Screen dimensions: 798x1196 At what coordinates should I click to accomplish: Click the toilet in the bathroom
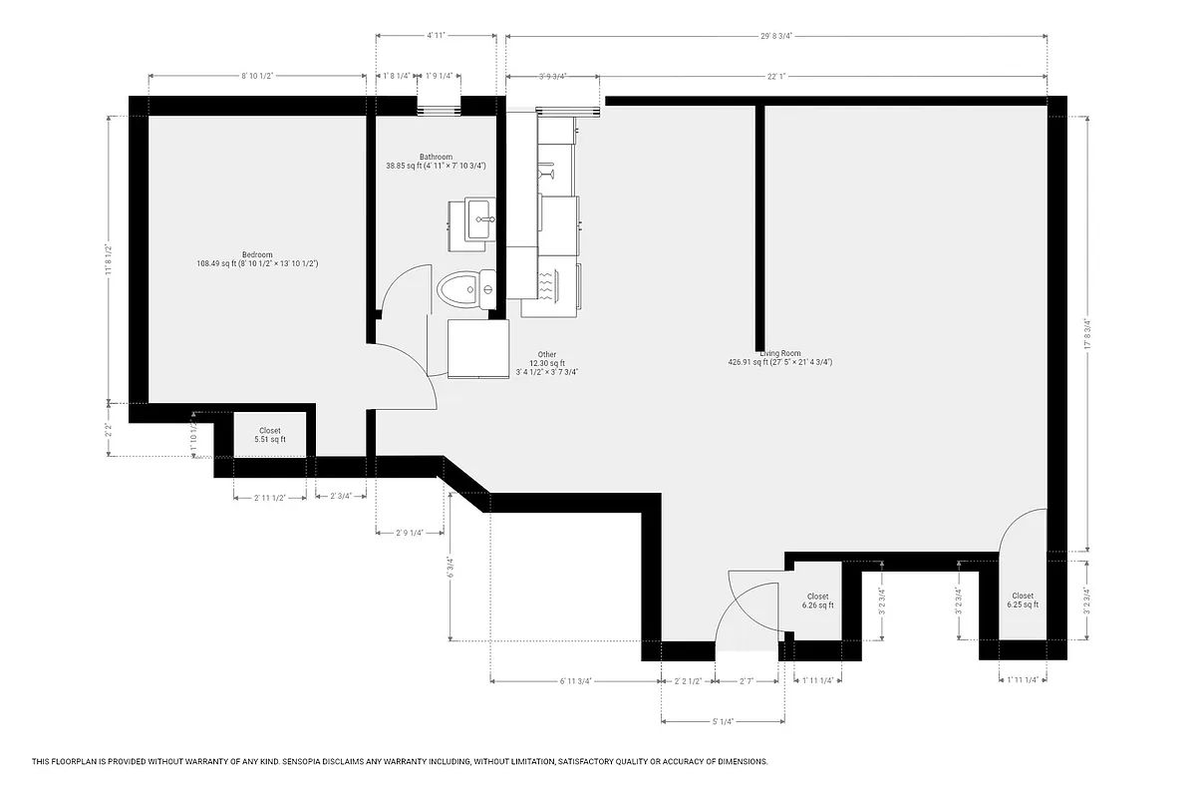pos(465,291)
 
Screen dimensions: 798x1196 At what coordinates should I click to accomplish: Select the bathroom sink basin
pos(477,217)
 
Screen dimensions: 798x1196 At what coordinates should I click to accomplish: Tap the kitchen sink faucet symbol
pos(547,176)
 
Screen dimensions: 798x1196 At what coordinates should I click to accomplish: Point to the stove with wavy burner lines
pos(547,283)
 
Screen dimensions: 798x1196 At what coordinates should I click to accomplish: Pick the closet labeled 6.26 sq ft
pos(818,600)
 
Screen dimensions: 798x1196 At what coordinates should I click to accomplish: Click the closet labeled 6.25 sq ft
pos(1022,600)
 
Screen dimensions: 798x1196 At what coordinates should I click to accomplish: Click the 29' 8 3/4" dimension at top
pos(775,36)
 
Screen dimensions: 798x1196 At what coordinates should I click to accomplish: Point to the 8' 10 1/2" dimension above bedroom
pos(257,76)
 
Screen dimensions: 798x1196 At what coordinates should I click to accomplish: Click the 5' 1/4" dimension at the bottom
pos(723,721)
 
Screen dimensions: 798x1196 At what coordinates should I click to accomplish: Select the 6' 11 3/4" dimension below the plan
pos(576,681)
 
